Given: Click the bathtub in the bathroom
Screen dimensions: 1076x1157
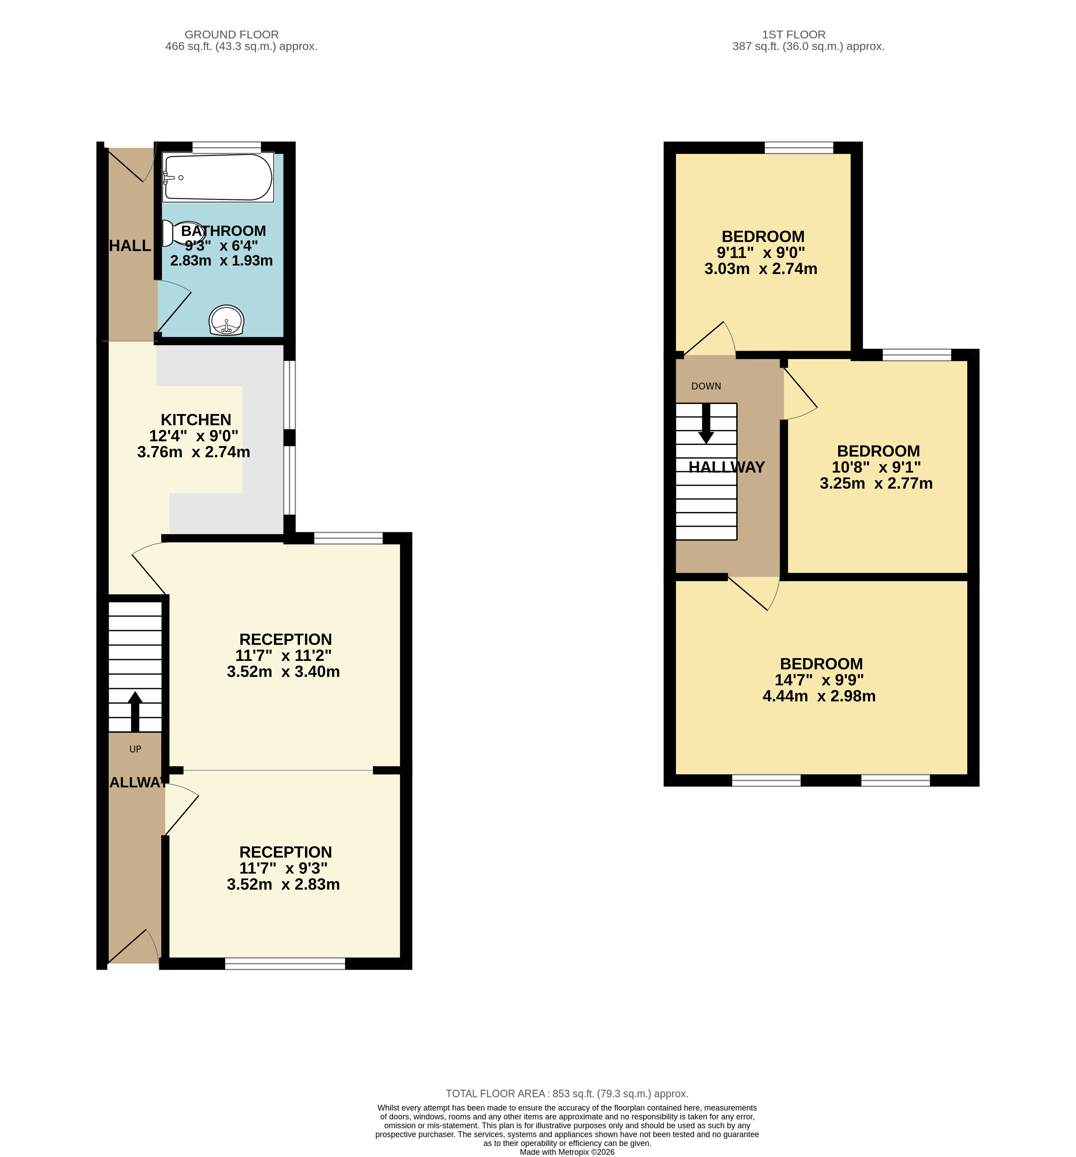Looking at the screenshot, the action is click(218, 177).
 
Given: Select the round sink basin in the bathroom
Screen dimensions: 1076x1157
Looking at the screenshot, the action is click(226, 320).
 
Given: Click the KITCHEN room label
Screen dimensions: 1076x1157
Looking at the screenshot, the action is click(196, 420).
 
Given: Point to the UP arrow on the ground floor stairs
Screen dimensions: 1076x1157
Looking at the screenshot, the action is click(135, 711).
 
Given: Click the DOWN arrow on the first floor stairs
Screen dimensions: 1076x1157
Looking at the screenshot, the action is click(706, 424).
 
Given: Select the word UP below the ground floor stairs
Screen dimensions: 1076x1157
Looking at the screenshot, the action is click(135, 749).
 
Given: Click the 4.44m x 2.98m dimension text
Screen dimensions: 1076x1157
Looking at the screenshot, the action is click(819, 696).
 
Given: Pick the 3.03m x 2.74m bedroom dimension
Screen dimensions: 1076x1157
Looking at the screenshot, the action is click(761, 269).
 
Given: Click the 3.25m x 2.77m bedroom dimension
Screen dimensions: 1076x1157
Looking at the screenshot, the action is click(876, 483).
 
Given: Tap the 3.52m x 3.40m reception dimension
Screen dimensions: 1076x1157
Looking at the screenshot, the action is click(284, 672).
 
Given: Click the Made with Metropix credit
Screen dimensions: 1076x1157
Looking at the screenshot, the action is click(567, 1152).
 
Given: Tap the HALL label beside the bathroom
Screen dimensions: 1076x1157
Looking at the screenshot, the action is click(131, 246).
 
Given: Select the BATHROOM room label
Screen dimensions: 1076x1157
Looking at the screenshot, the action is click(223, 231).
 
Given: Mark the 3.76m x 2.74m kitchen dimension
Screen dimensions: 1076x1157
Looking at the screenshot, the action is click(194, 452).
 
